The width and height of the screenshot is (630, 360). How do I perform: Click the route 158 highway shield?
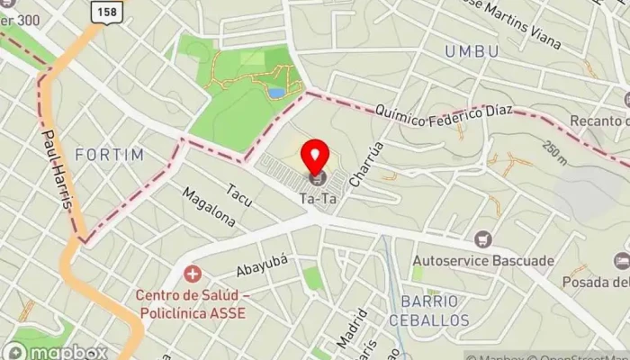pyautogui.click(x=106, y=11)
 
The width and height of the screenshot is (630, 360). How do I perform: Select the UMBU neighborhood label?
pyautogui.click(x=472, y=52)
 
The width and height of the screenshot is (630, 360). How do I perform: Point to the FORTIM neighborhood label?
pyautogui.click(x=110, y=155)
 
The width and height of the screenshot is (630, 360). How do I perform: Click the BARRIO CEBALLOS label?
pyautogui.click(x=429, y=310)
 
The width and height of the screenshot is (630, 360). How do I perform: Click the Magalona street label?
pyautogui.click(x=208, y=208)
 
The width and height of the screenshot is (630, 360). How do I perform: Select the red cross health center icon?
pyautogui.click(x=191, y=273)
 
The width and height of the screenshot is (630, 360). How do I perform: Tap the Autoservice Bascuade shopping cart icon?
pyautogui.click(x=484, y=239)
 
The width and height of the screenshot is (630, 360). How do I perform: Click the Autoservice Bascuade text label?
pyautogui.click(x=482, y=261)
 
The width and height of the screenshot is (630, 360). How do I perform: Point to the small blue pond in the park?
pyautogui.click(x=276, y=92)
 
